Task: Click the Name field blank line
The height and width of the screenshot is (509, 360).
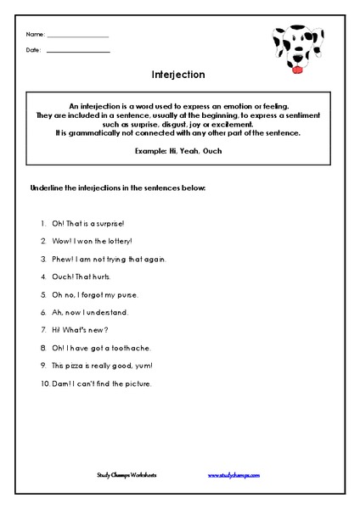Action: tap(78, 36)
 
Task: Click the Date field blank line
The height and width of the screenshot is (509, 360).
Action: tap(78, 52)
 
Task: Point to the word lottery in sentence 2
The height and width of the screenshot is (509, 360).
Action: tap(110, 241)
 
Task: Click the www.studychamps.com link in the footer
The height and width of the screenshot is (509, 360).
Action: tap(233, 476)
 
